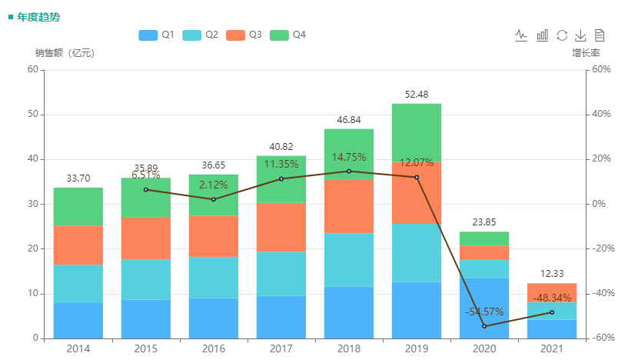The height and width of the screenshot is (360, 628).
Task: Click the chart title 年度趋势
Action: coord(38,16)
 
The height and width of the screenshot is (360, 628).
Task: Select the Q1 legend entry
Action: coord(157,35)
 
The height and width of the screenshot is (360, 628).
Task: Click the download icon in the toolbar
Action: coord(580,35)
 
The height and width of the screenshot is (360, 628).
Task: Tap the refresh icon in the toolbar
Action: coord(562,35)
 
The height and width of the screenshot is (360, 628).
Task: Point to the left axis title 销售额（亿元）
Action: coord(65,53)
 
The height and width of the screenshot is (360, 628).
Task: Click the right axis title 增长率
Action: coord(586,53)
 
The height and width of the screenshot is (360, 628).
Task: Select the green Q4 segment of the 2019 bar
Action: coord(417,132)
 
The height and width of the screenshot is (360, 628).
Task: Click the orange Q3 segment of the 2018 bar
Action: coord(349,206)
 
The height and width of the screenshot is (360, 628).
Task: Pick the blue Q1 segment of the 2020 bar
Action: coord(484,308)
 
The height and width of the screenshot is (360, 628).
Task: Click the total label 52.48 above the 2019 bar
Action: coord(417,95)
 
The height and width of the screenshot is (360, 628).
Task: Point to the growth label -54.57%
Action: coord(484,312)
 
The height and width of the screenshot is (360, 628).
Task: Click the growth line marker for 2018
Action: coord(349,171)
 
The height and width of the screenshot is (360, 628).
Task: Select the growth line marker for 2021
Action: coord(552,312)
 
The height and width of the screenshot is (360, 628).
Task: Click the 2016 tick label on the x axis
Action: coord(214,349)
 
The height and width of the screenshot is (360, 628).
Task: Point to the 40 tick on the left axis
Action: coord(33,159)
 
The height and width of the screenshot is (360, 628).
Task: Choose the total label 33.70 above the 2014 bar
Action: coord(78,178)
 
